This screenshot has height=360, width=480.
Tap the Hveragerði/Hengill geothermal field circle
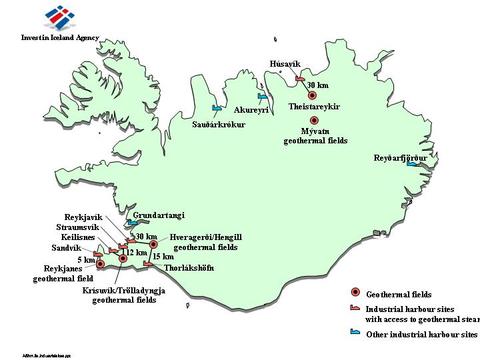tap(153, 244)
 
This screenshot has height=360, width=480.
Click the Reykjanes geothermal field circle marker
tap(101, 265)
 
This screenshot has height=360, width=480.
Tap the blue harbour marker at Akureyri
tap(263, 99)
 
